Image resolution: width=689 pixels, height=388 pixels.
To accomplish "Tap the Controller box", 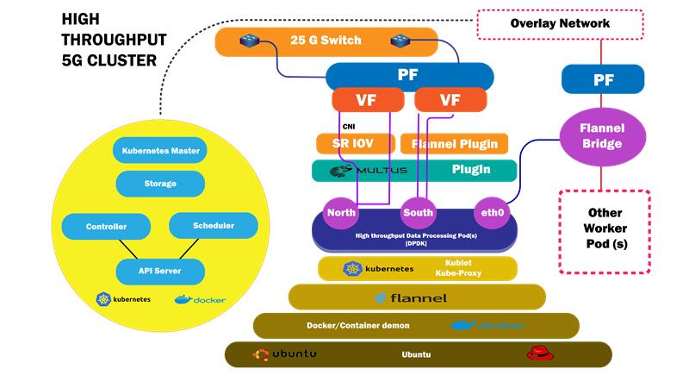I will coord(107,227).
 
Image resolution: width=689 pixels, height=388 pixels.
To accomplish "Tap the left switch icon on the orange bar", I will coord(250,40).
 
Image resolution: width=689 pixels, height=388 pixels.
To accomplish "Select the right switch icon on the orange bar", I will coord(400,40).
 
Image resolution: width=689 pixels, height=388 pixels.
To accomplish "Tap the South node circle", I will coord(418,211).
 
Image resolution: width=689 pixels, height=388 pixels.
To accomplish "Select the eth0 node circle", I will coord(491,211).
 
